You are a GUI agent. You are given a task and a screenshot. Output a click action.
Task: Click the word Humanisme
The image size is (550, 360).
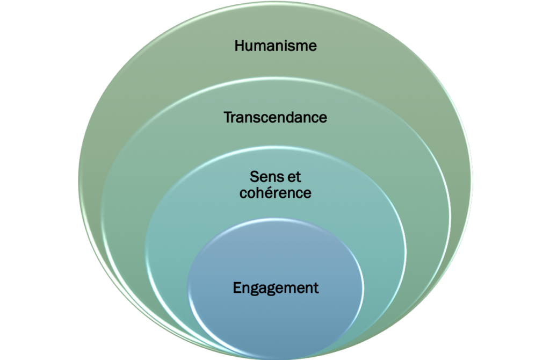276,46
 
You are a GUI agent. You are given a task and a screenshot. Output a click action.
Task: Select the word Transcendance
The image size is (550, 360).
276,117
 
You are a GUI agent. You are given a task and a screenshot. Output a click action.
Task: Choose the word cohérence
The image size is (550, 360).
276,192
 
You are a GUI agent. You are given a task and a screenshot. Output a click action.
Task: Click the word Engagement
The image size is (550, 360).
276,288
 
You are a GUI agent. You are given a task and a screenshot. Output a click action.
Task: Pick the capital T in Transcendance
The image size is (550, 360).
228,117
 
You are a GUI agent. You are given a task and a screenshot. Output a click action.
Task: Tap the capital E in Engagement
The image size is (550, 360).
237,287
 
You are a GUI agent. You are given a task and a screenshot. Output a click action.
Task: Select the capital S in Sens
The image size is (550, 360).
254,177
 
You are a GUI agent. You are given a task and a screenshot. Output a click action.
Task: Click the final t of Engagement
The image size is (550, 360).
316,288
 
